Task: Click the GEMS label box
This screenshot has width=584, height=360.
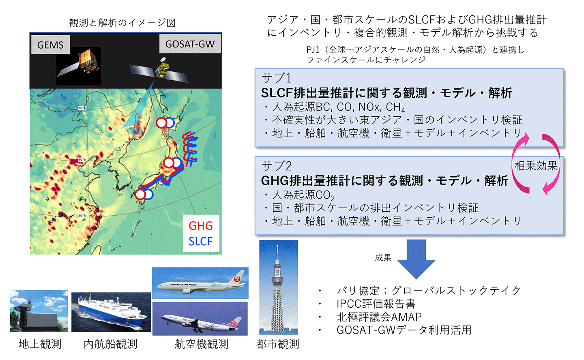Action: pos(51,45)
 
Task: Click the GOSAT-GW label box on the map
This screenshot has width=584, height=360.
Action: pos(190,44)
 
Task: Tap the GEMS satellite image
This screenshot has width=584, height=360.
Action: pos(79,66)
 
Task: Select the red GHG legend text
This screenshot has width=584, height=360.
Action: pos(201,226)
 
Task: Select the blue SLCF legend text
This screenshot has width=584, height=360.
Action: pos(201,241)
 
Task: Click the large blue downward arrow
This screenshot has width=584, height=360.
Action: pos(416,259)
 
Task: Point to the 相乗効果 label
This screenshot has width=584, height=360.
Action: pos(536,165)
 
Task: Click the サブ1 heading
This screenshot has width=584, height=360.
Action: pos(276,78)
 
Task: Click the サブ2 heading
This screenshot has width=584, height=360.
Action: pos(276,166)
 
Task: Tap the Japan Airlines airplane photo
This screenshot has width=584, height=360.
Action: pos(200,283)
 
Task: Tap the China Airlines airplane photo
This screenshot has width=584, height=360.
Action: pos(200,319)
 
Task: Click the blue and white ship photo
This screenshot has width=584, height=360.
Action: pos(111,312)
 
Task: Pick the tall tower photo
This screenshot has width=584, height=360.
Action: pos(279,287)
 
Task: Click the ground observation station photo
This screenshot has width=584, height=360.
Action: pos(39,311)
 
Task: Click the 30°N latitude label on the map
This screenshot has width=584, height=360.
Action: pos(82,216)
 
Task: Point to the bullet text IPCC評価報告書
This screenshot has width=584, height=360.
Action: pos(376,303)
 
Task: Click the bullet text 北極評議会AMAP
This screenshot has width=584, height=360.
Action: pos(379,317)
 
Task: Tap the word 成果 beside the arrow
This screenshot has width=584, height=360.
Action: pos(383,257)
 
